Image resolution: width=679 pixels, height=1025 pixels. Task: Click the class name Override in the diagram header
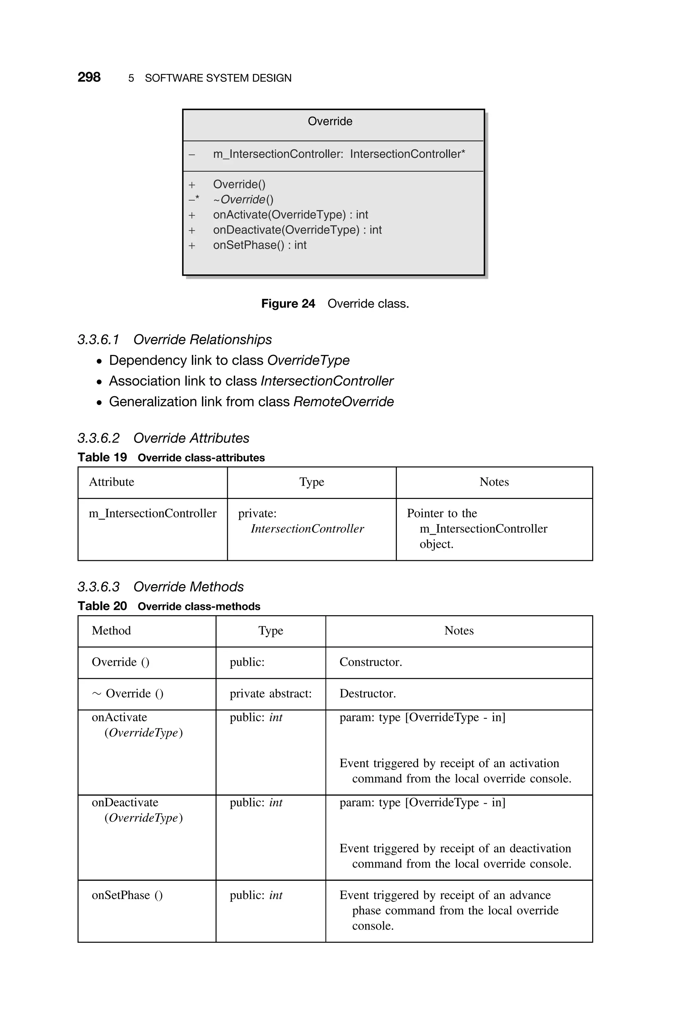click(x=330, y=121)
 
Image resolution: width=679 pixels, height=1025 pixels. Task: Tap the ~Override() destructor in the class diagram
click(x=243, y=200)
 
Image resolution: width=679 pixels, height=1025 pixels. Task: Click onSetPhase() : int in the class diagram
click(x=259, y=245)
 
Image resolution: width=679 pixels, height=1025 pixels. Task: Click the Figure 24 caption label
click(x=288, y=303)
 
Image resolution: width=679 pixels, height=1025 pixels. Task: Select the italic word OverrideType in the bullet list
click(x=308, y=360)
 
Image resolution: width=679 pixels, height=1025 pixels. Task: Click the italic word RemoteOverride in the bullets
click(x=343, y=402)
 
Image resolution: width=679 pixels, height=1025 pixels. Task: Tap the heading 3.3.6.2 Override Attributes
click(x=163, y=438)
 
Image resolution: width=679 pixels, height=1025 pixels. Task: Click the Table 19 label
click(x=102, y=457)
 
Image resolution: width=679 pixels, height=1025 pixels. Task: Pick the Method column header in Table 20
click(x=111, y=630)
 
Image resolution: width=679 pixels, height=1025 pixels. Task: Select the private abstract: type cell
click(x=270, y=693)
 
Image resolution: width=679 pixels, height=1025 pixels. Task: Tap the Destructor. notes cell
click(x=368, y=693)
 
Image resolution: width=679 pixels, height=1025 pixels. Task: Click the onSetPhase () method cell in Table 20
click(x=127, y=895)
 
